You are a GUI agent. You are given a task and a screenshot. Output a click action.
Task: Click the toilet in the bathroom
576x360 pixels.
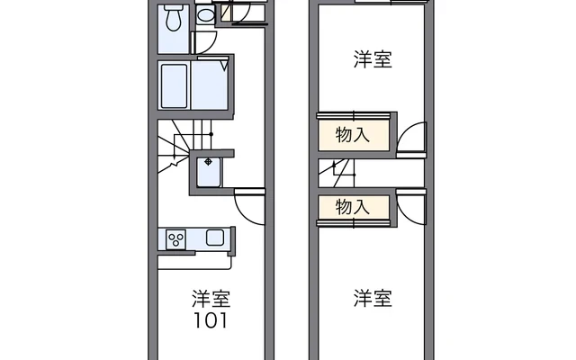[174, 18]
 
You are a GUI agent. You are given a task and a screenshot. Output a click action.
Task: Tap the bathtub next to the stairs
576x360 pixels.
[174, 86]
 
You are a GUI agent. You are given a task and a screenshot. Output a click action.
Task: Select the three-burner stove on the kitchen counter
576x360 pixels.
[175, 239]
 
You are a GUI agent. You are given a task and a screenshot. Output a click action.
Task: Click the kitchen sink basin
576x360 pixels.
[215, 238]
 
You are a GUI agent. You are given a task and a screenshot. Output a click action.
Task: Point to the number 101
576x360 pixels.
[211, 320]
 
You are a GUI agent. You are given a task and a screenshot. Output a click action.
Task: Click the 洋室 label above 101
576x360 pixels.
[211, 299]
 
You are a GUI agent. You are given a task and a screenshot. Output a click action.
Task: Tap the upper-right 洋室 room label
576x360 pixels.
[373, 59]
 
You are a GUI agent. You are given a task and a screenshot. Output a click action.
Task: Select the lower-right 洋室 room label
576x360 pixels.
[373, 298]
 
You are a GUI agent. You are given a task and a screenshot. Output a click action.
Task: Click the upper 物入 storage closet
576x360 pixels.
[354, 135]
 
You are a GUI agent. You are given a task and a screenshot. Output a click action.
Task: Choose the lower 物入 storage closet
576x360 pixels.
[354, 208]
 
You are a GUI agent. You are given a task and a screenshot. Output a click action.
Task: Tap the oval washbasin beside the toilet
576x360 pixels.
[205, 15]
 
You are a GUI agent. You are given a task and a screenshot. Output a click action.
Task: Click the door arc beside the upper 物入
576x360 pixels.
[411, 137]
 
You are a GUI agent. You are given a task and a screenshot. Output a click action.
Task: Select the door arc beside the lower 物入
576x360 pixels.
[411, 210]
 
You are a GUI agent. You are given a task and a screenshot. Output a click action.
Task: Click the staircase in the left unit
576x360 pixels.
[180, 146]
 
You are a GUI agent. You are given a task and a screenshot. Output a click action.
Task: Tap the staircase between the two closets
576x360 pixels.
[337, 173]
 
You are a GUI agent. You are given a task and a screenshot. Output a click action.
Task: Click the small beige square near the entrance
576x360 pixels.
[226, 13]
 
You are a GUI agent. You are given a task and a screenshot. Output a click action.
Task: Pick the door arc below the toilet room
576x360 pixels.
[205, 43]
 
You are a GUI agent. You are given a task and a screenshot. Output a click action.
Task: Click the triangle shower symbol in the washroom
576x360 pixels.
[224, 66]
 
